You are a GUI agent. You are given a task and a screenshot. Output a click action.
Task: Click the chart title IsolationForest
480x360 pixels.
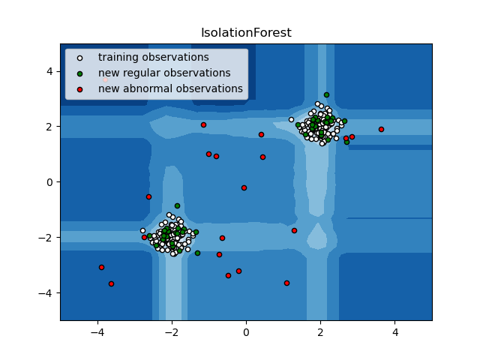click(x=245, y=33)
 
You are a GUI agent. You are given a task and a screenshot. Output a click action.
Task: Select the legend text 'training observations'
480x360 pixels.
click(x=153, y=57)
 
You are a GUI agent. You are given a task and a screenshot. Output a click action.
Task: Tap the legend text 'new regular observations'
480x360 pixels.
click(x=164, y=73)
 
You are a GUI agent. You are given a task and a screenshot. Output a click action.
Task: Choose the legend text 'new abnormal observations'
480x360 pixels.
click(x=170, y=88)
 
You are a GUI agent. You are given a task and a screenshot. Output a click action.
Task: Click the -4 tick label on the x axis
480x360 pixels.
click(x=97, y=333)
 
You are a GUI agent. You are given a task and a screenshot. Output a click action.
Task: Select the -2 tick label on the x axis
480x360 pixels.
click(x=171, y=333)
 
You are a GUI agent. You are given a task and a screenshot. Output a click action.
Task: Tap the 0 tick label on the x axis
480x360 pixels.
click(x=246, y=333)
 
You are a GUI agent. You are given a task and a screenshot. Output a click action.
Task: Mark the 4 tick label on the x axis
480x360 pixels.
click(x=394, y=333)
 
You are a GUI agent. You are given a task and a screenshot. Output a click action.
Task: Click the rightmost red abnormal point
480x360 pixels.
click(x=381, y=129)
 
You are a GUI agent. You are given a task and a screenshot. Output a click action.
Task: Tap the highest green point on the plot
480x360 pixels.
click(x=326, y=94)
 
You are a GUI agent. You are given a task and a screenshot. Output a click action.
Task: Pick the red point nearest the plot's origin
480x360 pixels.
click(x=244, y=187)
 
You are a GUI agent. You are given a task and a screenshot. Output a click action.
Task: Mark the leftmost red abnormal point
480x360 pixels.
click(x=101, y=267)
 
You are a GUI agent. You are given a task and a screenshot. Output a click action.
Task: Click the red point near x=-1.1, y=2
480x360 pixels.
click(x=203, y=124)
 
